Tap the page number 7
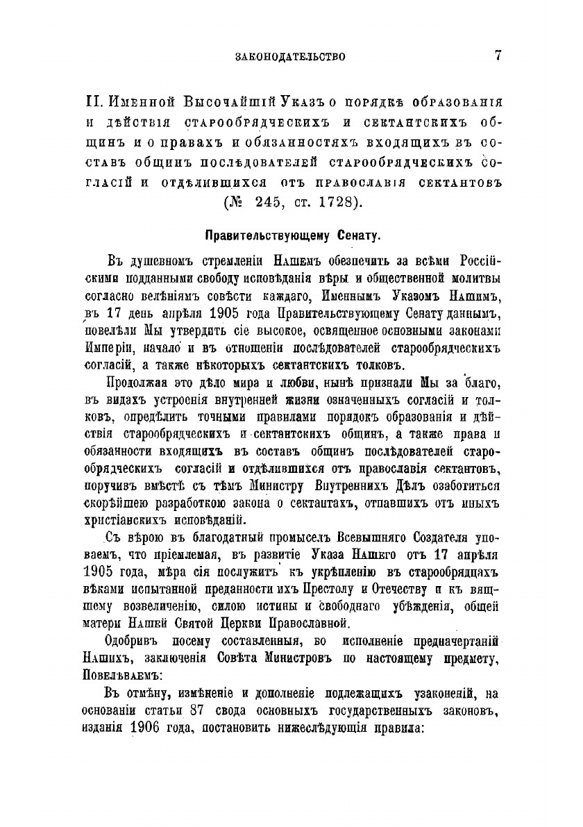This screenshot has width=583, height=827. click(498, 56)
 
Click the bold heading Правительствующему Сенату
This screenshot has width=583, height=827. click(291, 235)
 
